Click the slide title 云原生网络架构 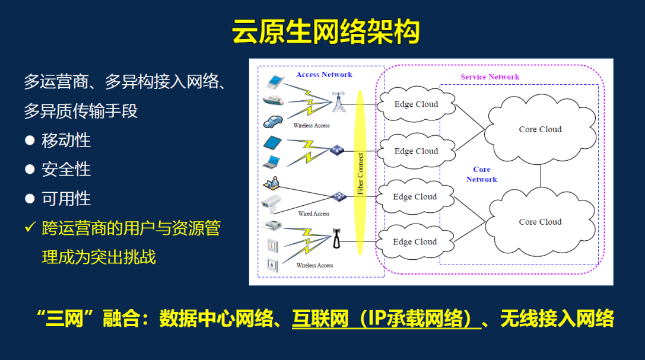pyautogui.click(x=325, y=31)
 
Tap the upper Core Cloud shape pyautogui.click(x=540, y=129)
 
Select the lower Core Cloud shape pyautogui.click(x=540, y=222)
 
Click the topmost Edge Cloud pyautogui.click(x=416, y=104)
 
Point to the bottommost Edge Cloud pyautogui.click(x=415, y=242)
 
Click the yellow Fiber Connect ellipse pyautogui.click(x=360, y=172)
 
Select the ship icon pyautogui.click(x=274, y=100)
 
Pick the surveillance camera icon pyautogui.click(x=274, y=202)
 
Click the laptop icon pyautogui.click(x=273, y=161)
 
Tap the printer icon pyautogui.click(x=273, y=226)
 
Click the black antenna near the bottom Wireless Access pyautogui.click(x=336, y=238)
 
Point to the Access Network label pyautogui.click(x=324, y=75)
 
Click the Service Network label pyautogui.click(x=490, y=77)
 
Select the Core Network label pyautogui.click(x=481, y=175)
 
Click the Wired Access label pyautogui.click(x=313, y=214)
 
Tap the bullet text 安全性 pyautogui.click(x=66, y=170)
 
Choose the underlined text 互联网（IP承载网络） pyautogui.click(x=386, y=320)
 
